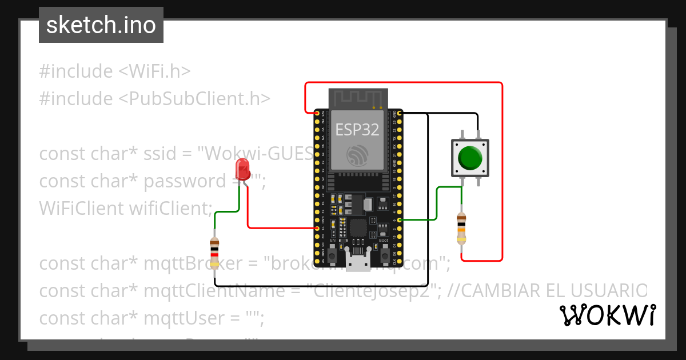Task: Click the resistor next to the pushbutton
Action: (x=461, y=227)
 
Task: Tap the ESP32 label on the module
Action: (x=357, y=130)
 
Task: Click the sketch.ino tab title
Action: (x=101, y=25)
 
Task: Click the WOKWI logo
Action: (x=607, y=315)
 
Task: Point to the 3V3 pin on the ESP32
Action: (x=317, y=113)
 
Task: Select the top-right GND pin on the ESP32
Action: (x=399, y=113)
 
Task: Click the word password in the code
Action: (x=185, y=181)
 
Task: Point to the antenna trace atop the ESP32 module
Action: (x=358, y=98)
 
